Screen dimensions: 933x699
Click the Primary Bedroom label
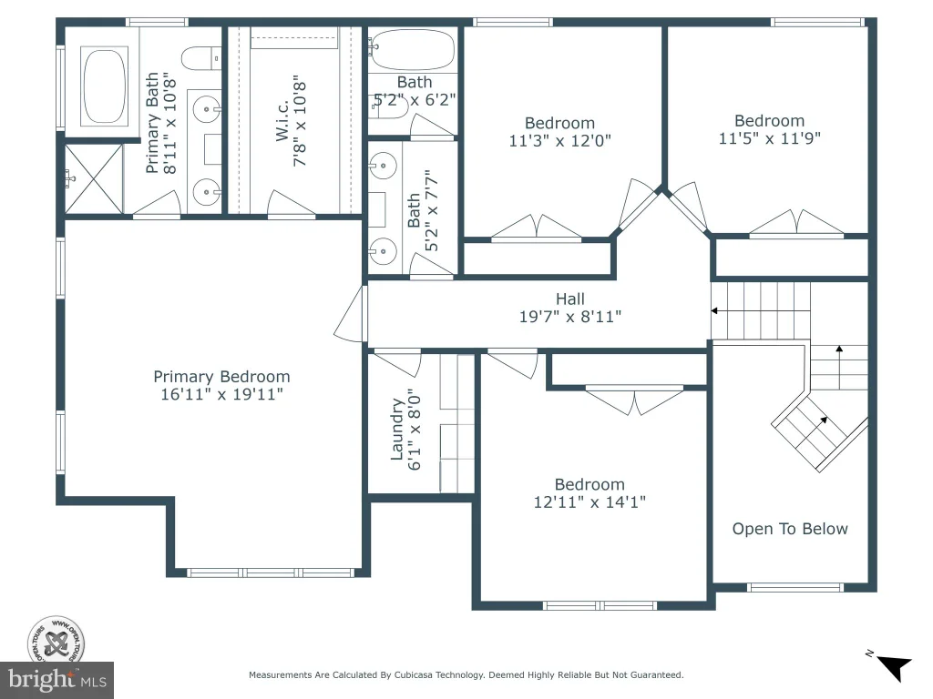click(x=222, y=377)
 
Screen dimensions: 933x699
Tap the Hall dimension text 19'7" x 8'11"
click(x=570, y=316)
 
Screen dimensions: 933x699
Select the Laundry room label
click(x=397, y=430)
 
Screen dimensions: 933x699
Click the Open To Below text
click(x=790, y=529)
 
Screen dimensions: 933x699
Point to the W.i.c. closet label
click(x=282, y=121)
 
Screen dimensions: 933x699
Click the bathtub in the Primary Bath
click(x=104, y=86)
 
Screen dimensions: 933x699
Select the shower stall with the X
click(x=94, y=178)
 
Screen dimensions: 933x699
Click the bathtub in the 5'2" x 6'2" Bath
click(x=412, y=50)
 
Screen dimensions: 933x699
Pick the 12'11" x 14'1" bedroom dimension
click(x=590, y=501)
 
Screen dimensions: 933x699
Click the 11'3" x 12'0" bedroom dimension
click(x=560, y=140)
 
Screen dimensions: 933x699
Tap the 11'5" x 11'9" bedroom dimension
click(x=769, y=138)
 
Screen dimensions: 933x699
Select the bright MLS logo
click(x=57, y=680)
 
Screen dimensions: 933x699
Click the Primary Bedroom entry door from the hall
click(x=351, y=314)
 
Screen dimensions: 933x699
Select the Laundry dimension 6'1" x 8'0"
click(x=415, y=430)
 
